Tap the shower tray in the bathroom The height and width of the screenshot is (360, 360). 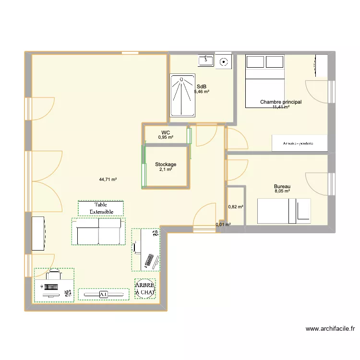pyautogui.click(x=182, y=95)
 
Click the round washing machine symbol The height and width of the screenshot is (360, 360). pyautogui.click(x=223, y=61)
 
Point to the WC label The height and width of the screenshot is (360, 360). pyautogui.click(x=166, y=132)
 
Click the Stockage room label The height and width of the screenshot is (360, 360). pyautogui.click(x=166, y=164)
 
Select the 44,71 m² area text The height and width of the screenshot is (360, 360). pyautogui.click(x=108, y=180)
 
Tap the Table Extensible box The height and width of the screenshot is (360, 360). pyautogui.click(x=101, y=208)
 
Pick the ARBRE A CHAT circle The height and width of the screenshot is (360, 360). pyautogui.click(x=145, y=289)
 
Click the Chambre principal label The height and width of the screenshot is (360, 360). pyautogui.click(x=281, y=102)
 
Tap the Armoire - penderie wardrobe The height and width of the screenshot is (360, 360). pyautogui.click(x=300, y=143)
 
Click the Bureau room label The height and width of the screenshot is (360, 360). pyautogui.click(x=282, y=186)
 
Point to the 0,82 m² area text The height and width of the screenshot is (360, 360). pyautogui.click(x=235, y=207)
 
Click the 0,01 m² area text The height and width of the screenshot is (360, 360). pyautogui.click(x=223, y=224)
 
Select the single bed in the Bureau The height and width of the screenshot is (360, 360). pyautogui.click(x=284, y=211)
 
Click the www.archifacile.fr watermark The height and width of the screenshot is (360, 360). pyautogui.click(x=330, y=329)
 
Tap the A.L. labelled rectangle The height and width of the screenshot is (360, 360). pyautogui.click(x=103, y=294)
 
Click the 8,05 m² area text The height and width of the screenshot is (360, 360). pyautogui.click(x=282, y=191)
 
